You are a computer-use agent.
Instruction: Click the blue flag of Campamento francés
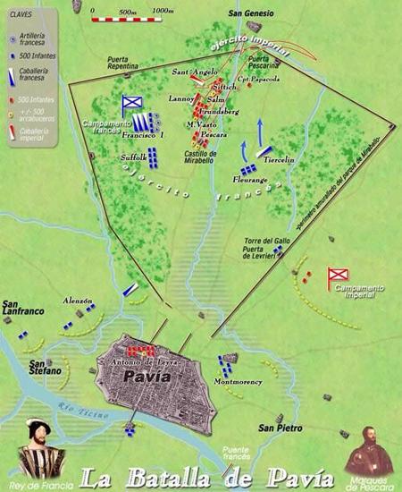[x=132, y=105]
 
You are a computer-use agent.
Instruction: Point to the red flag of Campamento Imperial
[x=338, y=276]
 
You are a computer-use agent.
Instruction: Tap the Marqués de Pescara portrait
[x=367, y=454]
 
